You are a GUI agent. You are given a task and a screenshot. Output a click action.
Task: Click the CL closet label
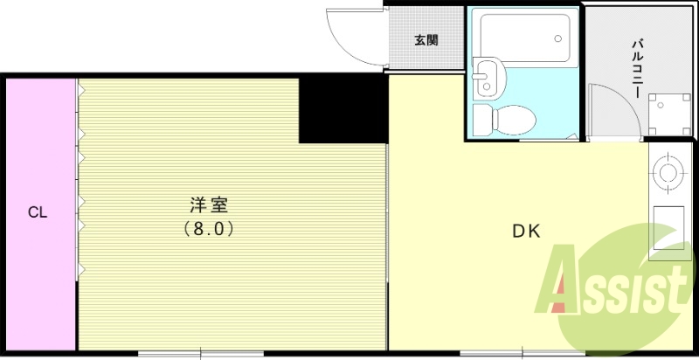click(x=37, y=212)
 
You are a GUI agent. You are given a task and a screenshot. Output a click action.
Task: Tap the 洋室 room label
click(x=209, y=206)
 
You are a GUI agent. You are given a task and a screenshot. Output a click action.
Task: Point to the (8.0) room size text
click(x=209, y=229)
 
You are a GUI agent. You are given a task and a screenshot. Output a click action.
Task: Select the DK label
click(x=527, y=232)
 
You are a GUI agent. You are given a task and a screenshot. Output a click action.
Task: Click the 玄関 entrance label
click(x=426, y=39)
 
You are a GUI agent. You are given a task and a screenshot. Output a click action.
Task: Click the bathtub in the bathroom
click(x=523, y=34)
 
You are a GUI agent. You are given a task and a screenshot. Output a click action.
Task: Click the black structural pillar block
click(x=343, y=109)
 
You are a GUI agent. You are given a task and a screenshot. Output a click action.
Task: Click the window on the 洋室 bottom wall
click(x=201, y=353)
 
